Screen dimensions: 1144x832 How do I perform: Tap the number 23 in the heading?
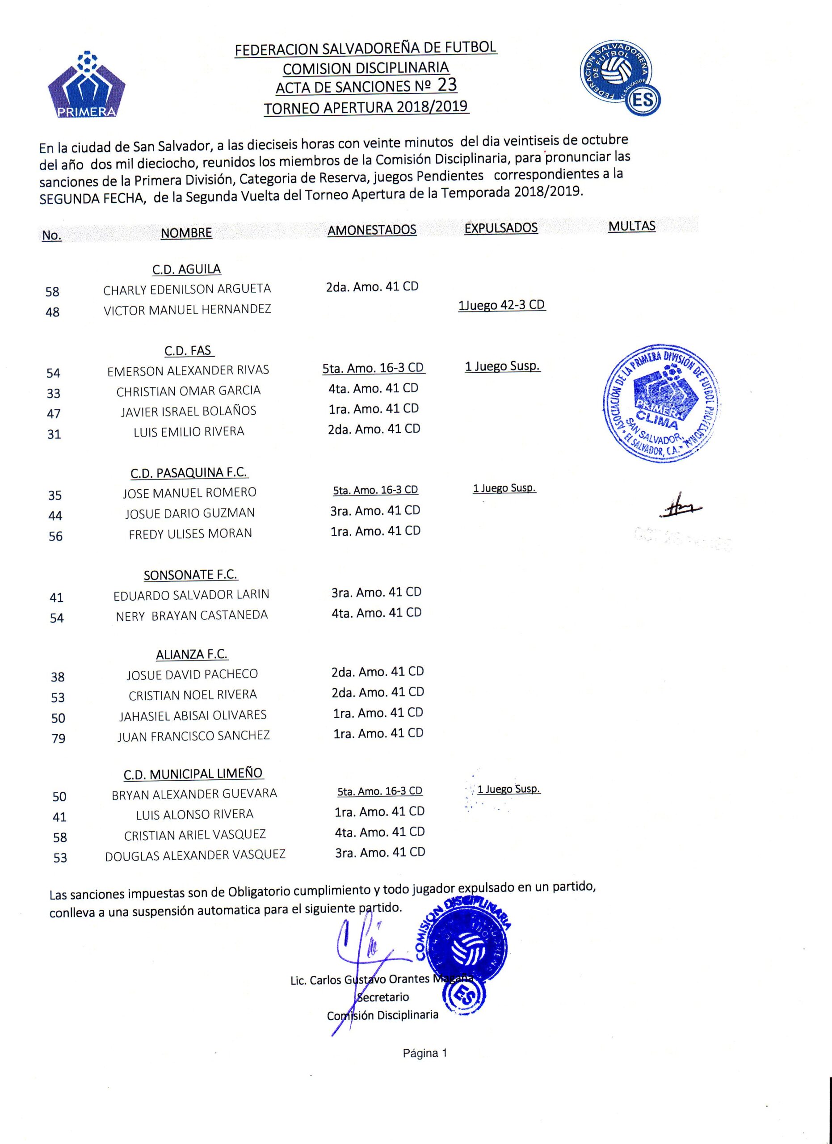point(447,85)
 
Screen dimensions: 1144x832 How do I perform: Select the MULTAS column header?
point(631,226)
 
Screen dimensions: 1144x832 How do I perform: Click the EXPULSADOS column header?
point(501,228)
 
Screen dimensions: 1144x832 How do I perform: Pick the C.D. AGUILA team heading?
point(187,269)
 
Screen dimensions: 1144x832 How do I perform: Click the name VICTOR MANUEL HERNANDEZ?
point(187,309)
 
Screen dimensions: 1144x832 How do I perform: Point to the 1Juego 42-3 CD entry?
point(502,305)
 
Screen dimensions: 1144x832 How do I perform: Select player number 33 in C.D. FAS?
point(54,393)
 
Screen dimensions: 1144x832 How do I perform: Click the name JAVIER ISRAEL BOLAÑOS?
point(189,412)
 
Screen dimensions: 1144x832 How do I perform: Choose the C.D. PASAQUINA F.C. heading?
point(189,473)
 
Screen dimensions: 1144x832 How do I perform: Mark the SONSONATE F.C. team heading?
point(191,575)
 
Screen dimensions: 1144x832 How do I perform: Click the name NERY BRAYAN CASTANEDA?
point(192,615)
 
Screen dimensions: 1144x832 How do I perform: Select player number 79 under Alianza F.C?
point(59,738)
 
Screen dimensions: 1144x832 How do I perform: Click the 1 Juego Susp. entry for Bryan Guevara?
point(509,789)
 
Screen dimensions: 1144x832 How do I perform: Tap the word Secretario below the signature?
point(383,997)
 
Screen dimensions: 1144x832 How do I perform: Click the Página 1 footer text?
point(424,1053)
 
